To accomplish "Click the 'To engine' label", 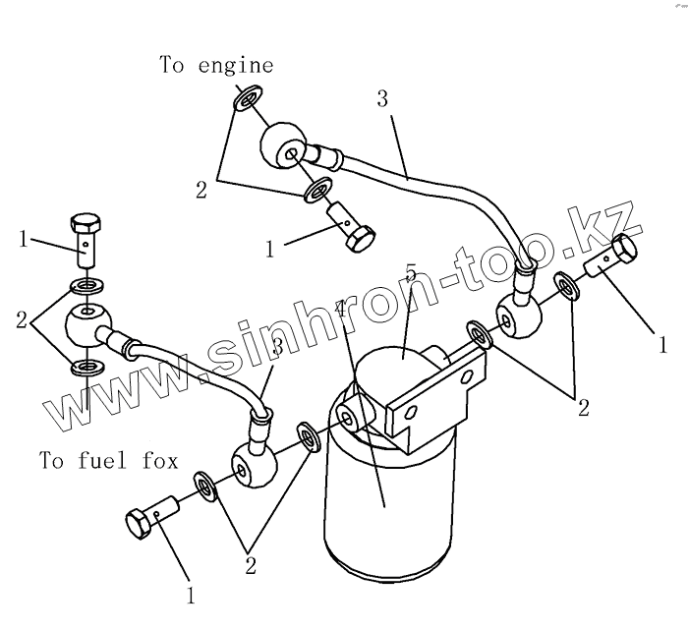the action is (x=216, y=66).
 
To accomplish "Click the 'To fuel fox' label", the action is (x=109, y=459).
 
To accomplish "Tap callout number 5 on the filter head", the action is (x=411, y=270).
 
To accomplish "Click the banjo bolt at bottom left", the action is (x=152, y=515).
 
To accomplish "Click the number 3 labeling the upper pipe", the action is (x=382, y=98).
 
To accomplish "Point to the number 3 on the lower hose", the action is (x=277, y=346).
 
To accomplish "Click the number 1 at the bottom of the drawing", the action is (x=191, y=594).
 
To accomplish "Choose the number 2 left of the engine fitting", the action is (x=201, y=191).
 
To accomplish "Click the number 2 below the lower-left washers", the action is (x=251, y=565).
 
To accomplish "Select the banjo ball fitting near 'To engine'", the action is (x=282, y=146).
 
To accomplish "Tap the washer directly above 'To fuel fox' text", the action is (x=86, y=370).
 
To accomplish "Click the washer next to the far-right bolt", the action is (x=565, y=283).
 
